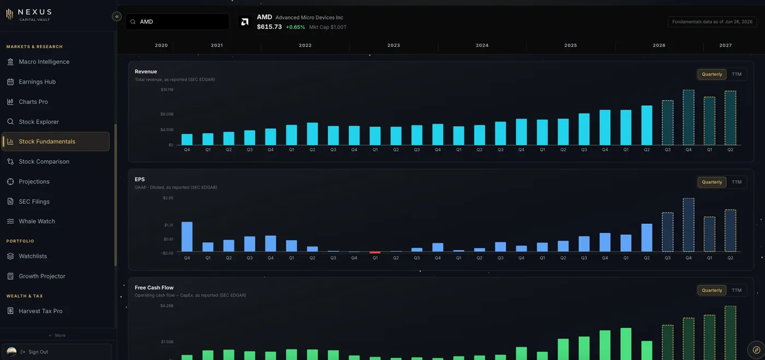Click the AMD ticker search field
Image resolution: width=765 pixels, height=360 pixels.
(177, 21)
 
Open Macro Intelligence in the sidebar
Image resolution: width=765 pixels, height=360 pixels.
(44, 62)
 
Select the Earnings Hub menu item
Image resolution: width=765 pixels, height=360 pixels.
(37, 81)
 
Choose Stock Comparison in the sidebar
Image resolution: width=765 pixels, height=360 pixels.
(44, 162)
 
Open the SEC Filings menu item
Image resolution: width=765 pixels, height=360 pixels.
(34, 202)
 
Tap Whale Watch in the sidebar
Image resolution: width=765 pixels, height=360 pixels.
(37, 221)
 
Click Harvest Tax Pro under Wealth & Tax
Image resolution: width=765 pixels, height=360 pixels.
(40, 311)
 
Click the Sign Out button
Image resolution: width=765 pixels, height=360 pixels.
(34, 352)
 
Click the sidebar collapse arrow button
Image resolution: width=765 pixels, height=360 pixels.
(117, 16)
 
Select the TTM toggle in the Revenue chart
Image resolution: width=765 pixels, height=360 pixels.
(737, 74)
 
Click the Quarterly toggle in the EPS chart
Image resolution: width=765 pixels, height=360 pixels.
(711, 182)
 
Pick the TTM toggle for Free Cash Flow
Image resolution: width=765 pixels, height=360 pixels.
(737, 290)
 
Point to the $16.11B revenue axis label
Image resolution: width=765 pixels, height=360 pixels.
(167, 90)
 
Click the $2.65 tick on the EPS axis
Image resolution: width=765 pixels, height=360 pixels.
(168, 198)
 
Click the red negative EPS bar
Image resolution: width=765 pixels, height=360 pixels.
(375, 252)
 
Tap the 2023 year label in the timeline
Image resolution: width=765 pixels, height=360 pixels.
(393, 45)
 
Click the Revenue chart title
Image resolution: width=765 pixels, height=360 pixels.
(146, 72)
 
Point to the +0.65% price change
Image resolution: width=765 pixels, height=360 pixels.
(296, 27)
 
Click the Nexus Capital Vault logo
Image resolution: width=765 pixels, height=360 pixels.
(28, 15)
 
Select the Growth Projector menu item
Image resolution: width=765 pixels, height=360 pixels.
(42, 276)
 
